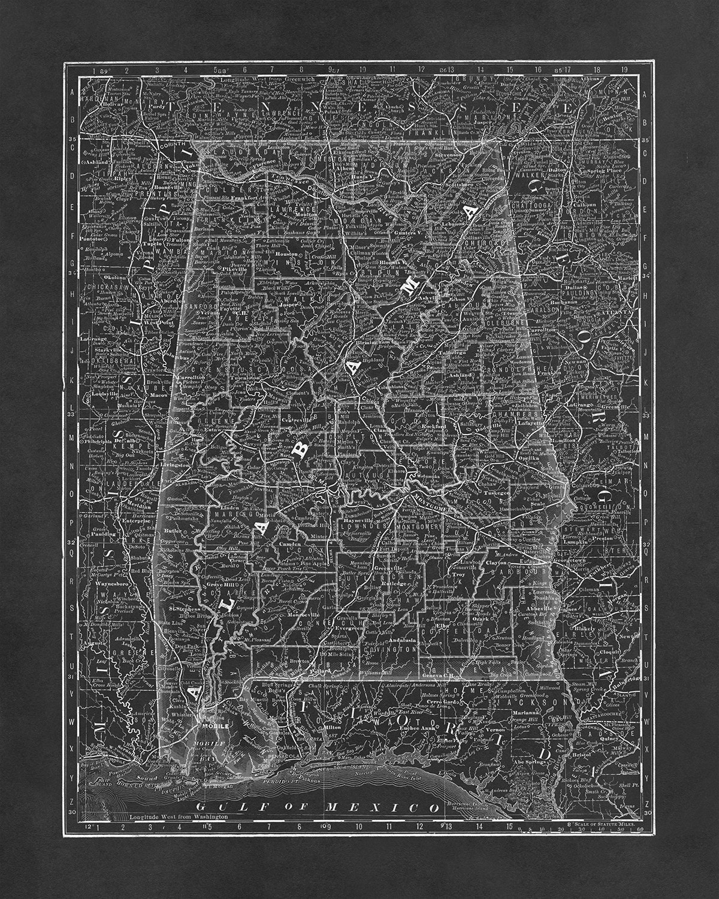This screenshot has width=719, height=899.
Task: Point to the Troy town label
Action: [458, 574]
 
